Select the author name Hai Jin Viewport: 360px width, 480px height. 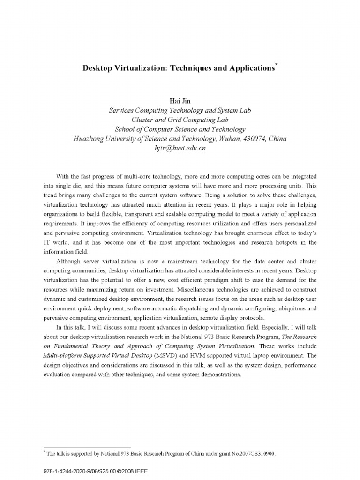point(180,101)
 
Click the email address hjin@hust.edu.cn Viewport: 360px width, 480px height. point(180,148)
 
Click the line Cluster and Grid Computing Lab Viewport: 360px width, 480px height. point(180,120)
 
